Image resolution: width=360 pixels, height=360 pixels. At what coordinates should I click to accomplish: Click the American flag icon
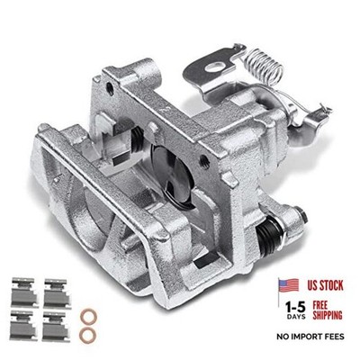pyautogui.click(x=289, y=285)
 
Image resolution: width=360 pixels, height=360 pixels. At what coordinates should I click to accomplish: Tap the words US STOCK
pyautogui.click(x=325, y=285)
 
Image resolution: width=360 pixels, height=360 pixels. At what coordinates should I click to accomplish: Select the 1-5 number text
pyautogui.click(x=295, y=307)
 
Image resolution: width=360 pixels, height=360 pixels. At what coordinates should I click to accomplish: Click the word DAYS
pyautogui.click(x=296, y=317)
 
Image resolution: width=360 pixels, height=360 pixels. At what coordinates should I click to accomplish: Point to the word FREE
pyautogui.click(x=319, y=305)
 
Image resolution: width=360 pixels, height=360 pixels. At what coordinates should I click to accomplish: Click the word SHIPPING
pyautogui.click(x=328, y=315)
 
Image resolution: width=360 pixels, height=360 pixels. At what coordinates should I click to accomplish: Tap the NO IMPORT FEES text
pyautogui.click(x=310, y=337)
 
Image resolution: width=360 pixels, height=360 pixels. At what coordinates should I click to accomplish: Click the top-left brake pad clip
pyautogui.click(x=25, y=292)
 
